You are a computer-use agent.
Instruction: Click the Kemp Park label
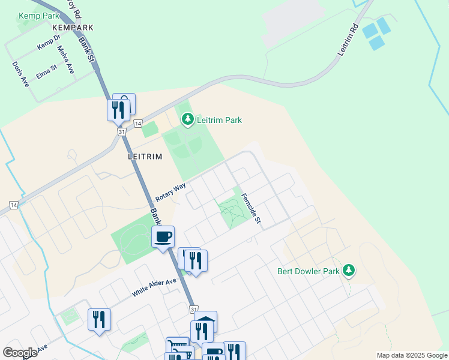click(x=39, y=16)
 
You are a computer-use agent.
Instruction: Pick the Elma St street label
click(x=46, y=71)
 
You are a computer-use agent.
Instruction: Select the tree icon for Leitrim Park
click(x=188, y=120)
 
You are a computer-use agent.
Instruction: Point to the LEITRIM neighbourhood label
click(x=145, y=155)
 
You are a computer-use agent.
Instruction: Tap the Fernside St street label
click(x=252, y=208)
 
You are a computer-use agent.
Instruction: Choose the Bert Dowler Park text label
click(x=309, y=271)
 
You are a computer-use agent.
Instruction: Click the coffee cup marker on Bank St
click(x=163, y=236)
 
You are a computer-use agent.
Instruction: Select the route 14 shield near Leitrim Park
click(x=137, y=123)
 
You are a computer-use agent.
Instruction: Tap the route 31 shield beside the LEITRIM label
click(x=122, y=131)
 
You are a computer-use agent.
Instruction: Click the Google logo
click(x=20, y=353)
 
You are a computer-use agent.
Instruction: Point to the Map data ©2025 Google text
click(x=412, y=355)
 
